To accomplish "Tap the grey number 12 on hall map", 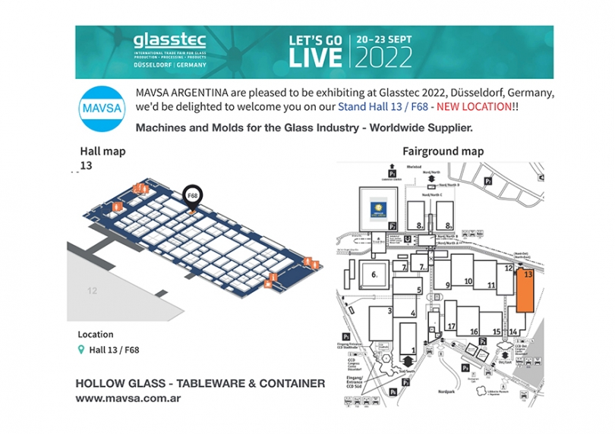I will pos(92,291).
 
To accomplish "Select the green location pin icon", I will pos(82,350).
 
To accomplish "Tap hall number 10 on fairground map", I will pos(468,281).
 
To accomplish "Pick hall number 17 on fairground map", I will pos(451,327).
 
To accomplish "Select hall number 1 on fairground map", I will pos(412,350).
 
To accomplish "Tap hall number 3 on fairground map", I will pos(389,310).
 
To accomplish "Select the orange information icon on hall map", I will pos(116,206).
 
